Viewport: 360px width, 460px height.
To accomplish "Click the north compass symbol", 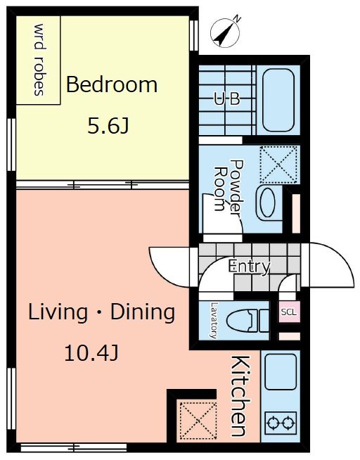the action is (225, 32).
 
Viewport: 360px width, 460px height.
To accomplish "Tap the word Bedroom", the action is (112, 84).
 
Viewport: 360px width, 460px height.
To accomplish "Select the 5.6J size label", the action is (108, 127).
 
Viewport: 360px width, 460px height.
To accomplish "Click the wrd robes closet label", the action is (39, 60).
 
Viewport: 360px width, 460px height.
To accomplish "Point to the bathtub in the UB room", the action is (278, 100).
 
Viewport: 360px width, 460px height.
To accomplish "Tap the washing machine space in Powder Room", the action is (278, 165).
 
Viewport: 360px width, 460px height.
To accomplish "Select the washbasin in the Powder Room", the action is (267, 203).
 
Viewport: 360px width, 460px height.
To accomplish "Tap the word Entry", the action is (250, 267).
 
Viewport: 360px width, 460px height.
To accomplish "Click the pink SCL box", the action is (289, 312).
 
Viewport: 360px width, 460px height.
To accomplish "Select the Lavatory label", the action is (214, 321).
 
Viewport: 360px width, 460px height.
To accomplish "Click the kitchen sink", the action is (281, 371).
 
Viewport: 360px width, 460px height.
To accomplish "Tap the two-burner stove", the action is (281, 423).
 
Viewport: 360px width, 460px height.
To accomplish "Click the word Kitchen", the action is (241, 396).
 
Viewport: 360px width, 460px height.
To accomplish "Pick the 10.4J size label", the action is (91, 353).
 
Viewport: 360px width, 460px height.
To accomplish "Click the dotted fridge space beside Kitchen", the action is (198, 421).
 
